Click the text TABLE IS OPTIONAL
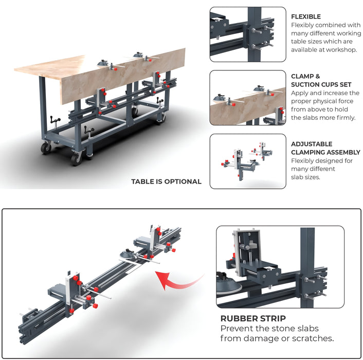point(166,182)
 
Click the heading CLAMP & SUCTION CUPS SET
point(312,80)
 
